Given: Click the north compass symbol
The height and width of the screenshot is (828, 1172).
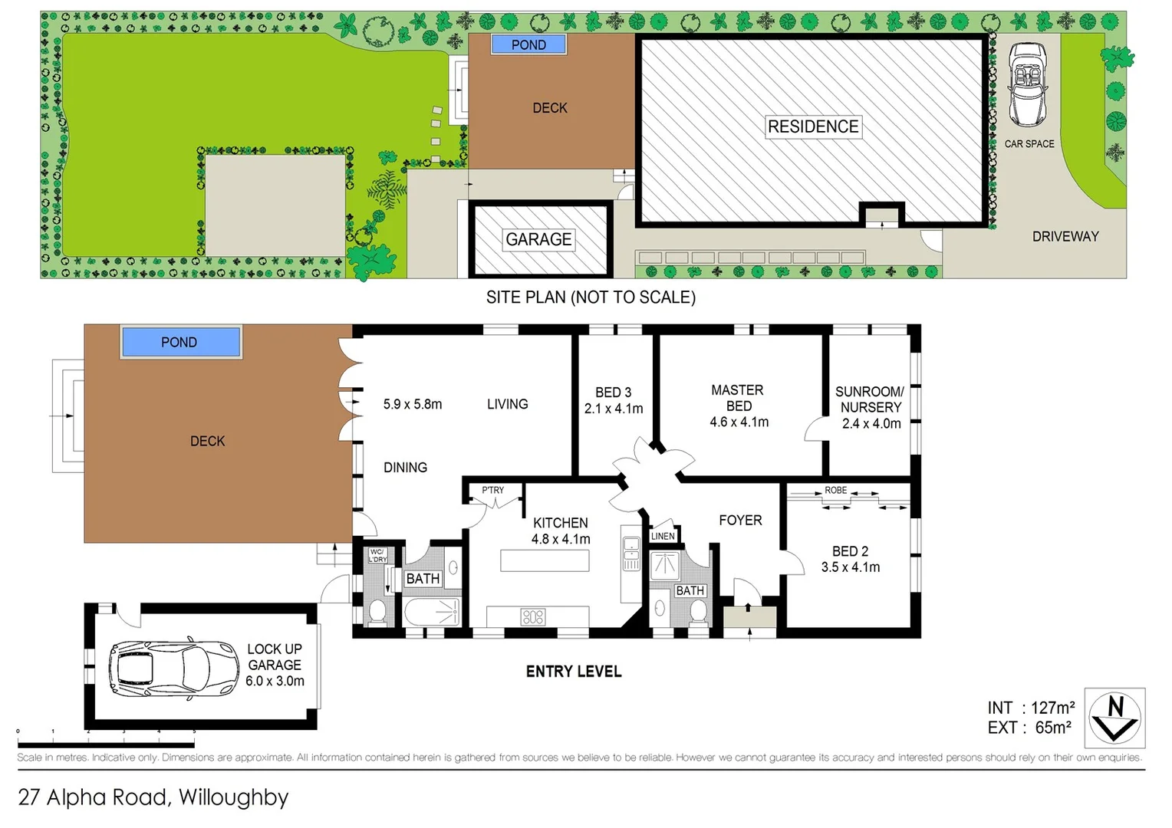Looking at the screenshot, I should pos(1114,718).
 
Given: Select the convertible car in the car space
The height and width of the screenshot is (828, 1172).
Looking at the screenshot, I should pos(1027,84).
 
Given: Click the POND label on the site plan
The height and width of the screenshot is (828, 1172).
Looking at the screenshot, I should pos(528,45).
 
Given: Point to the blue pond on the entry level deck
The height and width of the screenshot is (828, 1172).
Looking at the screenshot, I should pos(180,342).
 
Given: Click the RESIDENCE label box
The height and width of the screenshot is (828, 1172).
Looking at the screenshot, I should pos(813,127).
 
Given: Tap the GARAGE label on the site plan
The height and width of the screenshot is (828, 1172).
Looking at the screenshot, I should pos(538,239).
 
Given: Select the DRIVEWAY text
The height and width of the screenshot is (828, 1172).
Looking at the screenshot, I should pos(1065,236).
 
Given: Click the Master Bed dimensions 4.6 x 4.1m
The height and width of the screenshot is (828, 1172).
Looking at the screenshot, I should pos(739,422).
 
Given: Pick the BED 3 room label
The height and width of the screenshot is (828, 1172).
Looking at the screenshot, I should pos(613,392).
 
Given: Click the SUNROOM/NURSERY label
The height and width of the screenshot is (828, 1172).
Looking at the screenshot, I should pos(870,399).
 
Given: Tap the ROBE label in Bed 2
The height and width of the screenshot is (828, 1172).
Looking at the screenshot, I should pos(836,491).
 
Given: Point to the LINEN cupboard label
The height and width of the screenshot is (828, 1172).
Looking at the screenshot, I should pos(663,536).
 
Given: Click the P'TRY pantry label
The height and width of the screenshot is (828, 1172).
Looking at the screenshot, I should pos(493,490).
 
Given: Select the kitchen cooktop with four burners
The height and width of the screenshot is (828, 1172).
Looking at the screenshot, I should pos(533,616).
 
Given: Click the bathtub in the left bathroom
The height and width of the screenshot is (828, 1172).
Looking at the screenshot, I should pos(431,612).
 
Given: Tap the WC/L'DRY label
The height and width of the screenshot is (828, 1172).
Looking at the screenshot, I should pos(377,555).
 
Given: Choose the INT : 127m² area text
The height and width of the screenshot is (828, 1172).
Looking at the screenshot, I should pos(1030,708).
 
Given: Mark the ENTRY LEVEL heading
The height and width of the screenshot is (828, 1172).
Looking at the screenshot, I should pos(574,672).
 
